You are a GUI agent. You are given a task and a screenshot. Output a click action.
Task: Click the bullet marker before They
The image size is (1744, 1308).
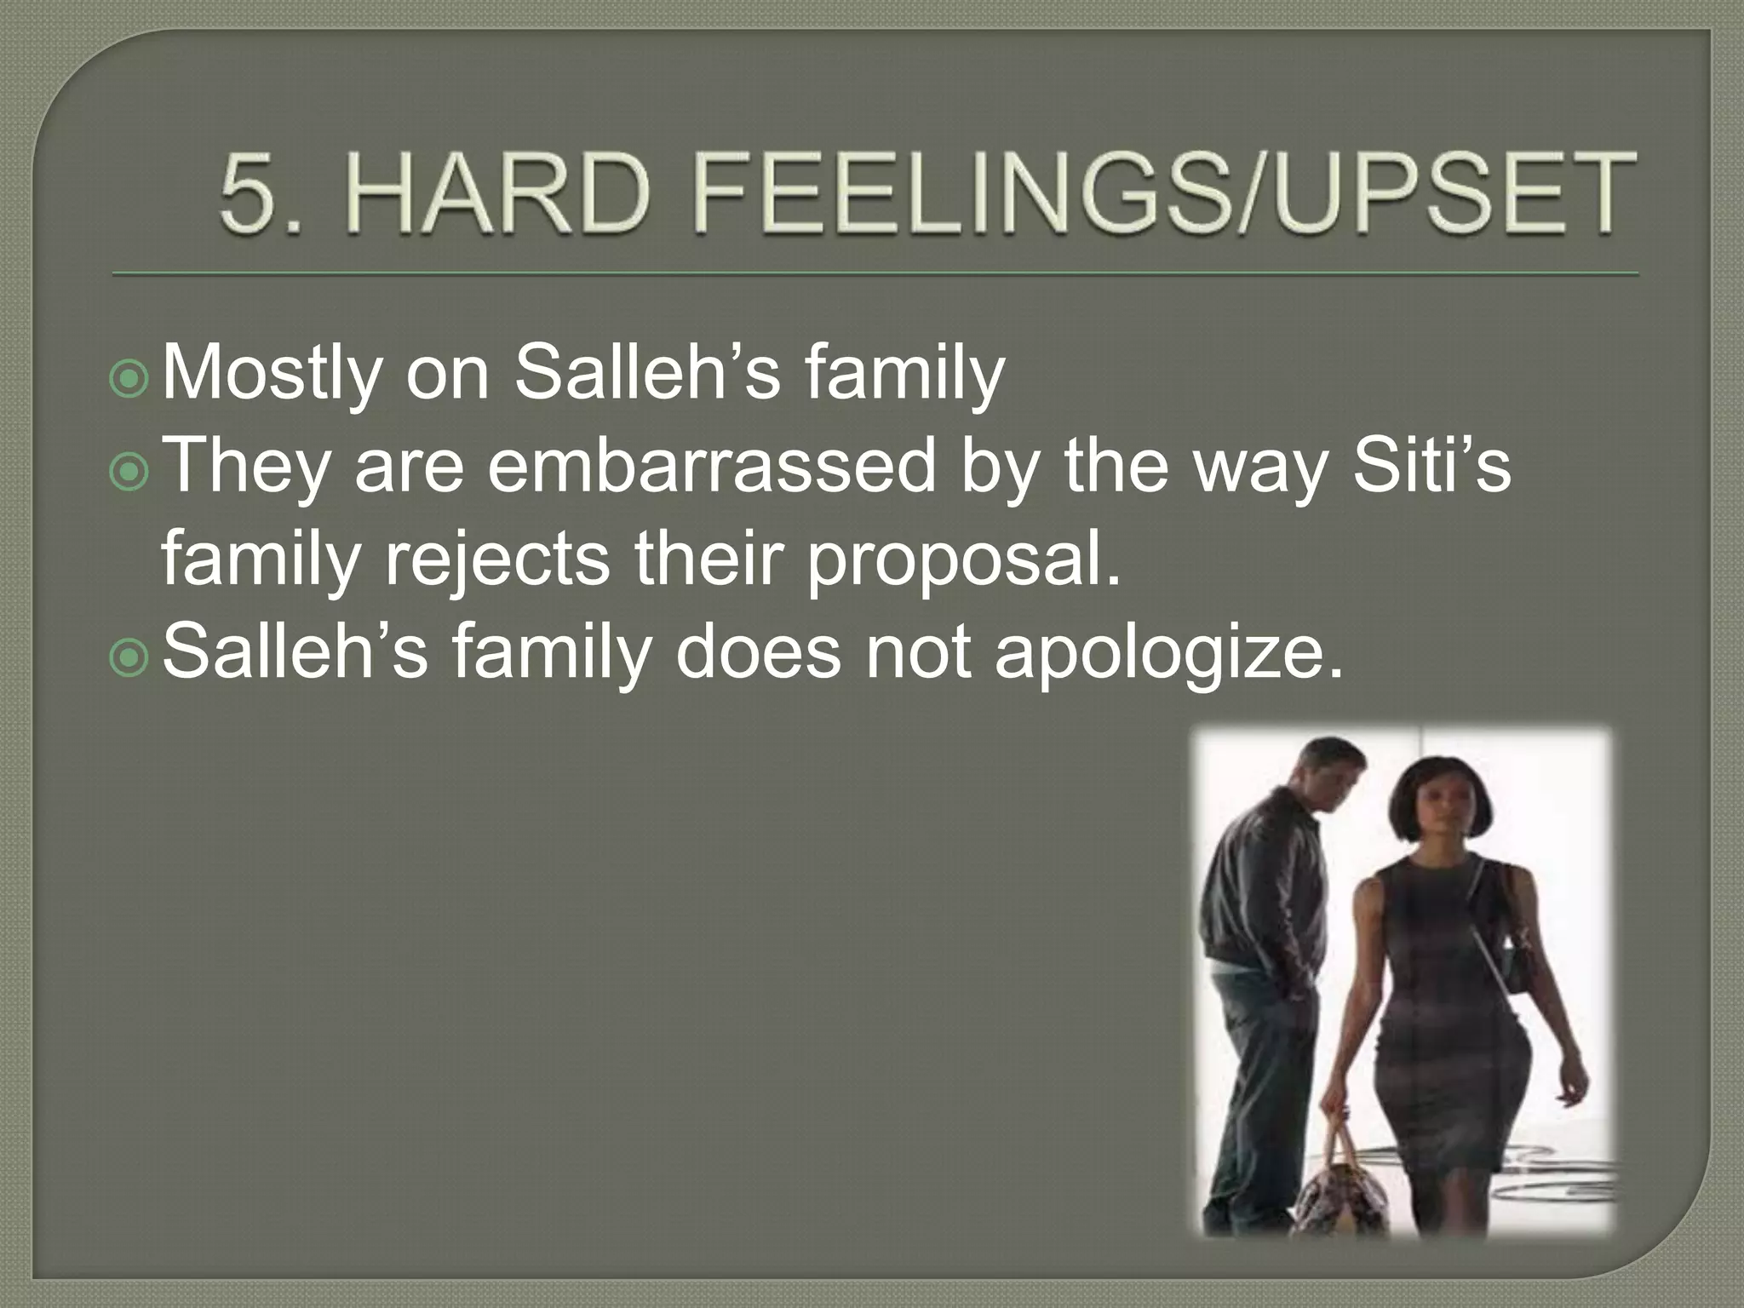130,473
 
